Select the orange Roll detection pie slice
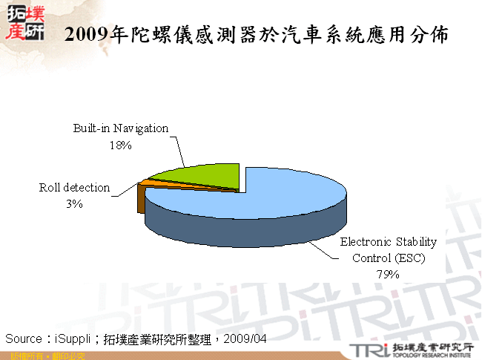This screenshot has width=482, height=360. [148, 183]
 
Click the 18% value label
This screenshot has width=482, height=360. [120, 146]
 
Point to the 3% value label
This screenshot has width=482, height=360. [73, 204]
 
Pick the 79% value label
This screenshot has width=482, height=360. [388, 275]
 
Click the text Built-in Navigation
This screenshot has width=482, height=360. [120, 128]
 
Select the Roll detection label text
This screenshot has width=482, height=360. [74, 188]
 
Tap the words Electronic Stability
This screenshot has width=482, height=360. [388, 242]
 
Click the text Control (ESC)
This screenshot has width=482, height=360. [388, 258]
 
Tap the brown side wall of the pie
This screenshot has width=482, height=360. [141, 200]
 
